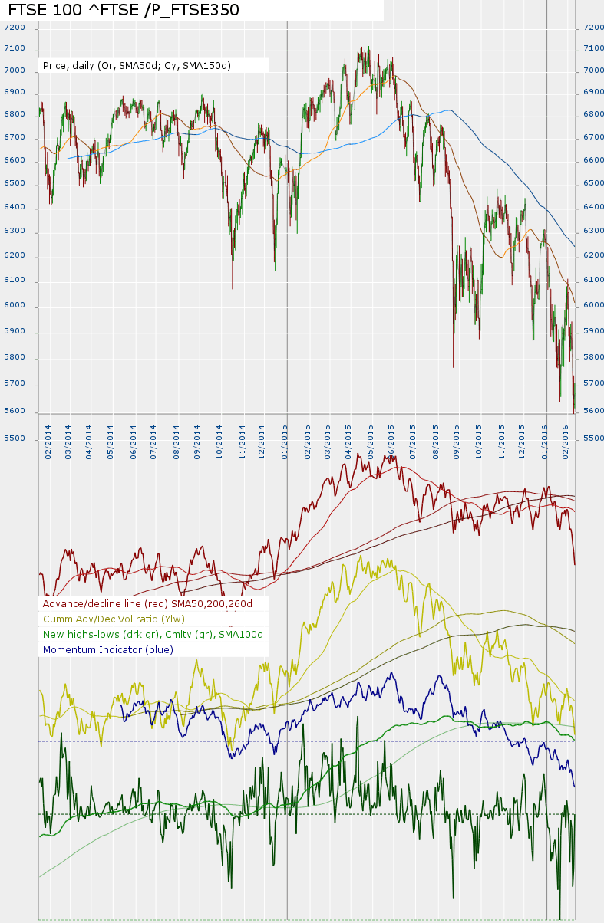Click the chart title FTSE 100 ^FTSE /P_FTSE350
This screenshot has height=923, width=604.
tap(124, 10)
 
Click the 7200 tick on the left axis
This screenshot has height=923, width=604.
tap(15, 27)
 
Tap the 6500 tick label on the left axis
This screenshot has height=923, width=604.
tap(15, 184)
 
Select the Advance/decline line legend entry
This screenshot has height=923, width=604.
tap(153, 603)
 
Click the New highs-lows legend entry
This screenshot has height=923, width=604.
tap(153, 634)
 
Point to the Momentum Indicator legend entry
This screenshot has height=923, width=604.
tap(108, 649)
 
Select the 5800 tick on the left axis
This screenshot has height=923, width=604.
tap(15, 357)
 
